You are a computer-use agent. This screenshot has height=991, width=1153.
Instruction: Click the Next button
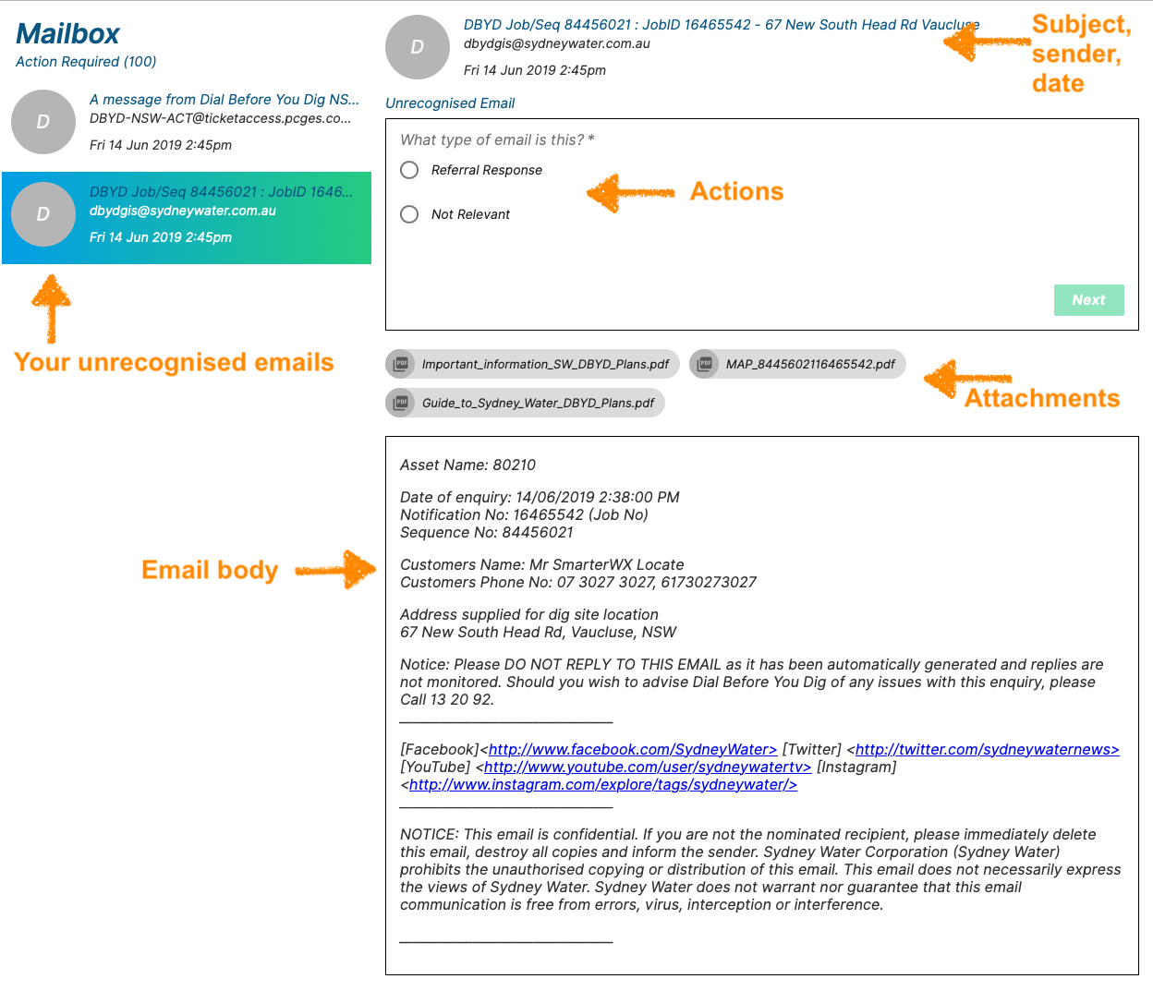[1088, 300]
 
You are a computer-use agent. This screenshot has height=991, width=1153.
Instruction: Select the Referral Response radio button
[409, 170]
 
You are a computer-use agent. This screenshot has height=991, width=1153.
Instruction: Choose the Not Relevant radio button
[409, 214]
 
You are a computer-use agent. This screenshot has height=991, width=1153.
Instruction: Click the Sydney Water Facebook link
[632, 750]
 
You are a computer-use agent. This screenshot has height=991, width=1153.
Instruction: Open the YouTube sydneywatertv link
[647, 767]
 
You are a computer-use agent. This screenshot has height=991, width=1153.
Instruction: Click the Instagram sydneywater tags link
[602, 785]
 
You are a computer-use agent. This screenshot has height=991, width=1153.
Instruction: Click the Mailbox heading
[67, 34]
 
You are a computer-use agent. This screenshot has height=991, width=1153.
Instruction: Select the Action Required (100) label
[86, 62]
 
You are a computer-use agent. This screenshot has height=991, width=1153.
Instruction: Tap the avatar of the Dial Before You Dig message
[43, 122]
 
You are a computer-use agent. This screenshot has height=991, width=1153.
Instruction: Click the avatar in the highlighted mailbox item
[43, 214]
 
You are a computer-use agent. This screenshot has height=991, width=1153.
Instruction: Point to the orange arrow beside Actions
[630, 193]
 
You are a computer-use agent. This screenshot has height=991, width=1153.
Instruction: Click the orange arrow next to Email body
[336, 570]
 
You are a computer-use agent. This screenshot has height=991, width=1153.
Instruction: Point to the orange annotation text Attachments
[1042, 398]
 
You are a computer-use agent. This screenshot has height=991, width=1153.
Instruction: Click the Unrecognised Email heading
[450, 103]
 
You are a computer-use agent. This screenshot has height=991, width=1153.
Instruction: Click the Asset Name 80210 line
[467, 465]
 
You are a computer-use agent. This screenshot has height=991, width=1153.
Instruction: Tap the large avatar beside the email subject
[418, 47]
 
